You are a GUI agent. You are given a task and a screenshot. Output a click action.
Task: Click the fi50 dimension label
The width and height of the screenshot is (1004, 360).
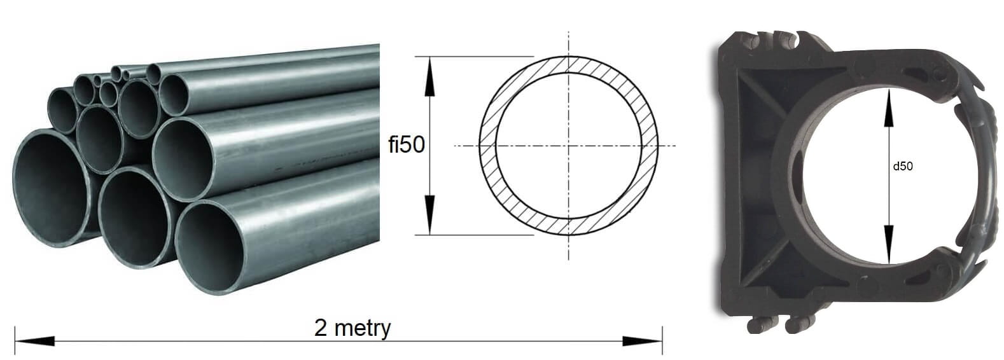[x=406, y=144]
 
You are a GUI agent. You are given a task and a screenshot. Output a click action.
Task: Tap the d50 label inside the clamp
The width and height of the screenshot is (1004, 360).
[x=903, y=167]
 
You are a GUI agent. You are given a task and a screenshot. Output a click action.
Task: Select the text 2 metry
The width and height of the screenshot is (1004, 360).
[x=352, y=328]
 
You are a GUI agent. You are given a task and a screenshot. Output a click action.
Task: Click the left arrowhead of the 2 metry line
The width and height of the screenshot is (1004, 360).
[x=35, y=341]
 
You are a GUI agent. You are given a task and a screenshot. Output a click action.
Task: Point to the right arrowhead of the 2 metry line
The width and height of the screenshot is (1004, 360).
[x=643, y=341]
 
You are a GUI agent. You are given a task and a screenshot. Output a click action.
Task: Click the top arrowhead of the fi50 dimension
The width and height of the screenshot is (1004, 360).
[x=430, y=76]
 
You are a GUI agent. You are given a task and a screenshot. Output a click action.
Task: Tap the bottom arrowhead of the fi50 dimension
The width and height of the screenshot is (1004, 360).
[x=430, y=215]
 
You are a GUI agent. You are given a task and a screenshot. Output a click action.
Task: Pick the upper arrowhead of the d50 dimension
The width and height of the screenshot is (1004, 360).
[x=889, y=107]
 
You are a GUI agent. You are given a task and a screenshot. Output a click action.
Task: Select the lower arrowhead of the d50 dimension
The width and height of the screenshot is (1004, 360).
[x=889, y=245]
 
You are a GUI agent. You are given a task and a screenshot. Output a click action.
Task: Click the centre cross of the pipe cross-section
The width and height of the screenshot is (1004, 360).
[x=569, y=146]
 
